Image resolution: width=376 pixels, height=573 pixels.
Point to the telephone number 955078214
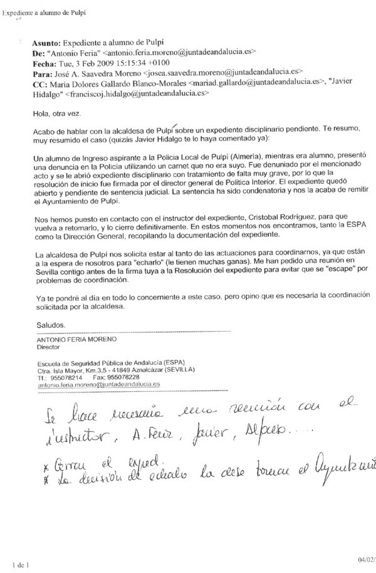(66, 377)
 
